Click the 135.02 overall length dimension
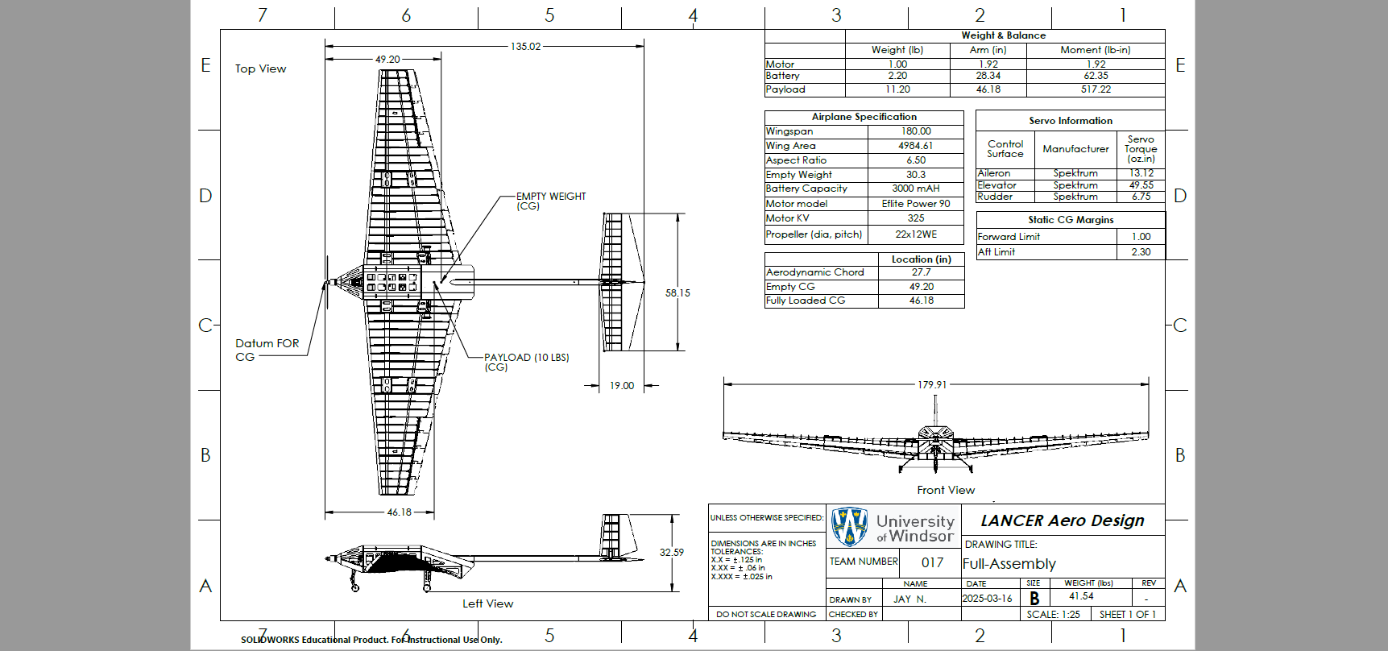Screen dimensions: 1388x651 tap(525, 47)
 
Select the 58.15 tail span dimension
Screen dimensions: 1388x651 tap(677, 293)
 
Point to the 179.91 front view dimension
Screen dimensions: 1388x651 tap(932, 385)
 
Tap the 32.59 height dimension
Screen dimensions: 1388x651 tap(672, 553)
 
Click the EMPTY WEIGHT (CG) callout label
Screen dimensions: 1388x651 tap(551, 201)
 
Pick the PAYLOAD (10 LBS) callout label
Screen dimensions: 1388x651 tap(526, 363)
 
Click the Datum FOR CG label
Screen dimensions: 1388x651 tap(267, 350)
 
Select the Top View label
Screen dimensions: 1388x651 tap(261, 69)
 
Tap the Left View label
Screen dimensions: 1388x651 tap(487, 603)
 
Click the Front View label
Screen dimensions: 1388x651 tap(946, 490)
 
